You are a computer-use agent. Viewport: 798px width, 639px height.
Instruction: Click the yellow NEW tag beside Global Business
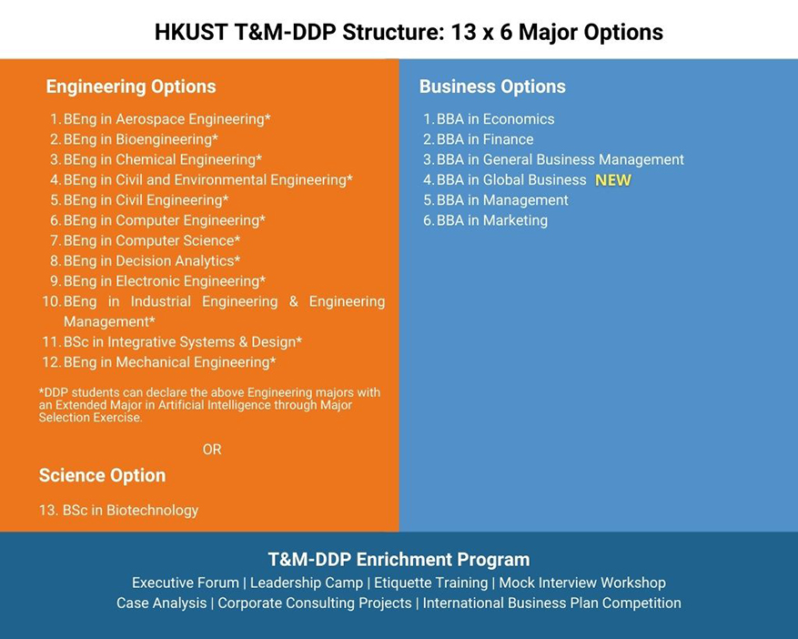pyautogui.click(x=612, y=180)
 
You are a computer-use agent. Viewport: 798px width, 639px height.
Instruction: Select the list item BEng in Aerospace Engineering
pyautogui.click(x=167, y=119)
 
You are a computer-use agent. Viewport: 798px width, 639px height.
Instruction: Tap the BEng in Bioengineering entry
pyautogui.click(x=140, y=139)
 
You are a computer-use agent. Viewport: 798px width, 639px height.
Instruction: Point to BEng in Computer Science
pyautogui.click(x=151, y=240)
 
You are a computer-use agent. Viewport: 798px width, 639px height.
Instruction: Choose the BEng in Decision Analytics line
pyautogui.click(x=151, y=261)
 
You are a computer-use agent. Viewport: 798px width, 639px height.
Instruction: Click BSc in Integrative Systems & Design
pyautogui.click(x=182, y=342)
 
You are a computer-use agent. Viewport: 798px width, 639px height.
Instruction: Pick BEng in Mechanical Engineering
pyautogui.click(x=169, y=362)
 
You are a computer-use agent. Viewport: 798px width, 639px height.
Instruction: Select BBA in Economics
pyautogui.click(x=494, y=119)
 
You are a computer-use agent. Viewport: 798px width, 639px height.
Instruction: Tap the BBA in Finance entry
pyautogui.click(x=484, y=139)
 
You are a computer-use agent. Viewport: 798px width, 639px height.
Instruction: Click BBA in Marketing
pyautogui.click(x=491, y=220)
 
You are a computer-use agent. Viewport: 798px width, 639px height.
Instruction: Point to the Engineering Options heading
pyautogui.click(x=131, y=87)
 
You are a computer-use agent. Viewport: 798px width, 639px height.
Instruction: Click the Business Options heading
pyautogui.click(x=492, y=87)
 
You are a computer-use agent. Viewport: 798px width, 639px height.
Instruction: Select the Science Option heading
pyautogui.click(x=102, y=476)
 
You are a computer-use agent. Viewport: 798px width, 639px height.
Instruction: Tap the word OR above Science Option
pyautogui.click(x=212, y=450)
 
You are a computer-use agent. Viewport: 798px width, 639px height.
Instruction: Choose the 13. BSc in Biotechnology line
pyautogui.click(x=118, y=511)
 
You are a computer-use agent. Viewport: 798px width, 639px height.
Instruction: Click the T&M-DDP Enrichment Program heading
pyautogui.click(x=399, y=560)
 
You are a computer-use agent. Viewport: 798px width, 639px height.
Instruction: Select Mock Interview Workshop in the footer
pyautogui.click(x=582, y=583)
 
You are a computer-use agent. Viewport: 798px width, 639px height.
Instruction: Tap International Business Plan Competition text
pyautogui.click(x=551, y=603)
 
